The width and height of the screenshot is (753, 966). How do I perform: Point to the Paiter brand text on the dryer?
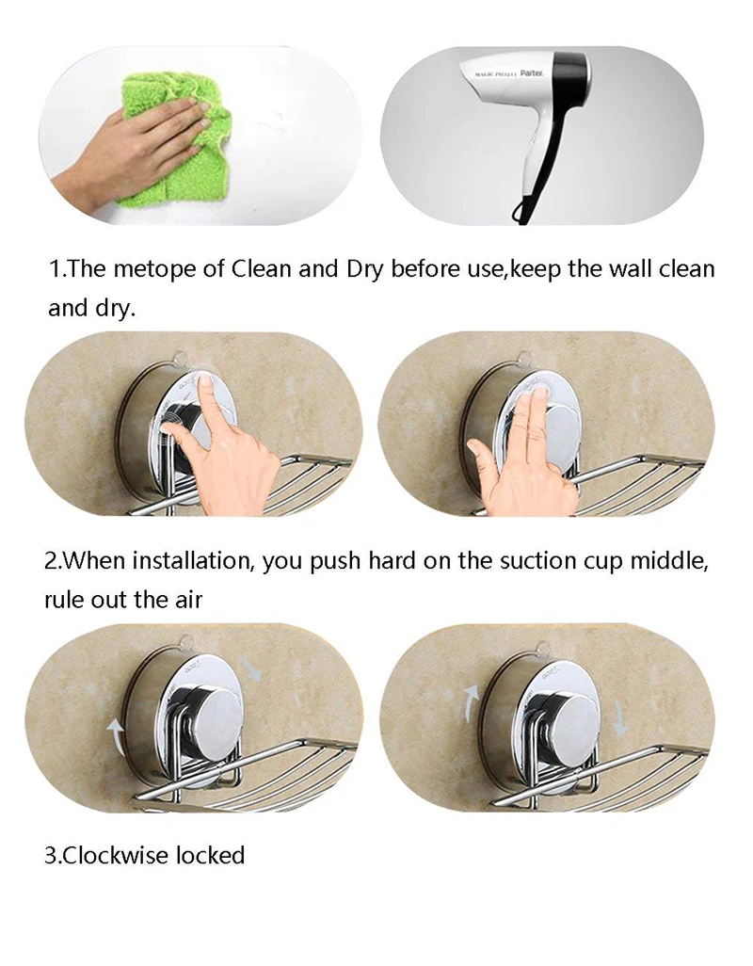[532, 73]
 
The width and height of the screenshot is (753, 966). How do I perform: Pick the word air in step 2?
[188, 600]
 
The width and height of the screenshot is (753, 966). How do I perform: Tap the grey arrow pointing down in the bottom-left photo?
[250, 667]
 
